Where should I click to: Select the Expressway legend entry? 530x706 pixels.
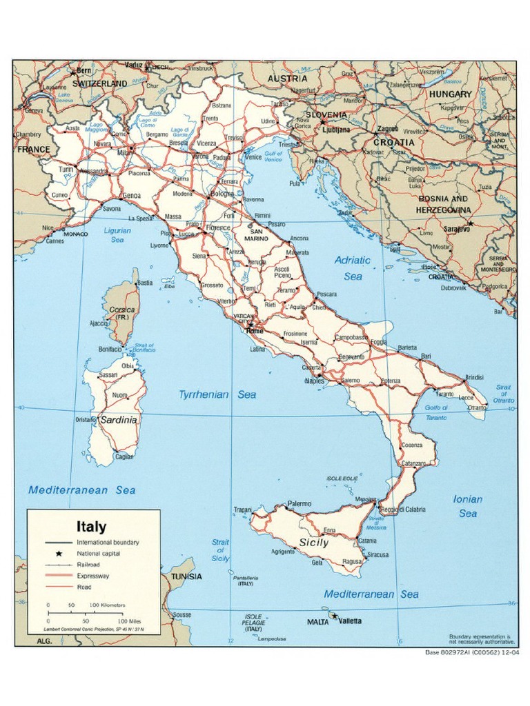tap(93, 575)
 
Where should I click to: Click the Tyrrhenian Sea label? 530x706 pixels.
tap(217, 395)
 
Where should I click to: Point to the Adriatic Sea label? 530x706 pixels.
tap(352, 268)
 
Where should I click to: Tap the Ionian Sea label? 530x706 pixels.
tap(467, 506)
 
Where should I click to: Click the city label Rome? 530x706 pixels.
tap(255, 330)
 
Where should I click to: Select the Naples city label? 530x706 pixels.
tap(315, 381)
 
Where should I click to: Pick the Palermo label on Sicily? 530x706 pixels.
tap(300, 504)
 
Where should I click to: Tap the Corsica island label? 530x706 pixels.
tap(122, 310)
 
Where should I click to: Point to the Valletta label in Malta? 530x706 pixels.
tap(350, 621)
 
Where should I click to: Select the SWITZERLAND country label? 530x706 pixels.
tap(99, 83)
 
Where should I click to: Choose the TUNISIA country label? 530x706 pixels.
tap(186, 576)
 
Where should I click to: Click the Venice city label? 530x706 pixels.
tap(253, 157)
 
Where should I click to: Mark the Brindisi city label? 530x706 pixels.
tap(474, 378)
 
